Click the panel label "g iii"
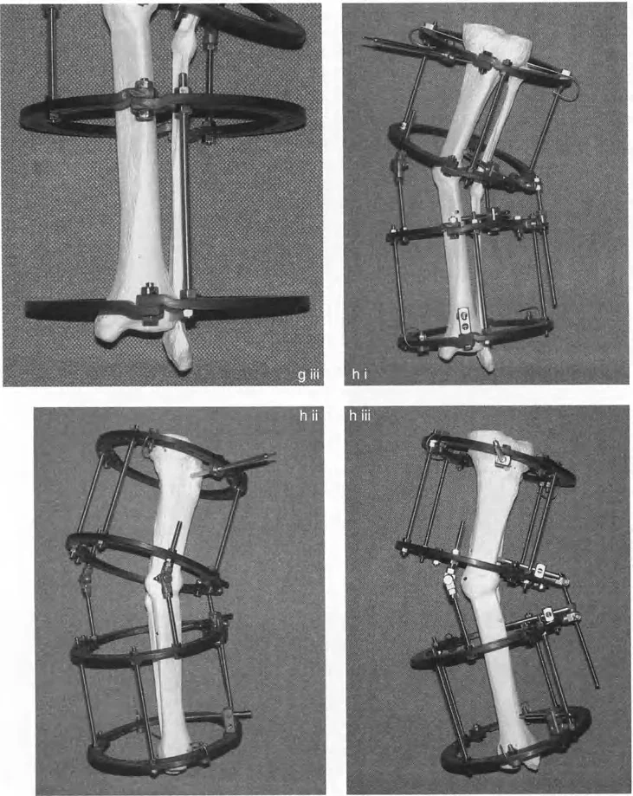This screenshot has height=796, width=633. pos(308,376)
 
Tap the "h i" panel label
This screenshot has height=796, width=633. pos(359,375)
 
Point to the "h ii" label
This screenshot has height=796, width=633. pos(308,417)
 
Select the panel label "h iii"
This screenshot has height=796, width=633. pos(360,417)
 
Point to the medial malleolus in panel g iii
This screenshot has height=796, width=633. pos(109,335)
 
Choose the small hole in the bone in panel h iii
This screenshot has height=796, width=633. pos(463,578)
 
